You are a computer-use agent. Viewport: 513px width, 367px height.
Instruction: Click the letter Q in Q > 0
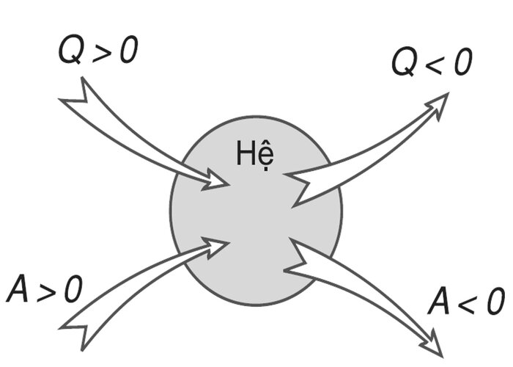tap(71, 49)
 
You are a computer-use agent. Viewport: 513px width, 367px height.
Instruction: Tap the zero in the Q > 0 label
tap(128, 49)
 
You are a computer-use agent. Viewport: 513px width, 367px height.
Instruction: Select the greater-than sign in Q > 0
tap(103, 51)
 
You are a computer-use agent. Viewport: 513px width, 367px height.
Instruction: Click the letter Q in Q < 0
tap(405, 62)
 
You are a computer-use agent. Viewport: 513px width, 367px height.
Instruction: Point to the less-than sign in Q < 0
tap(436, 65)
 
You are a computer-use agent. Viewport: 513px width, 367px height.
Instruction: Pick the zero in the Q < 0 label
tap(463, 62)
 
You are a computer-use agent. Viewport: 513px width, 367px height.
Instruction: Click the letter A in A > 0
tap(18, 288)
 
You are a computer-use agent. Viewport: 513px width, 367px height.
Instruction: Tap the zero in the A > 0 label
tap(73, 288)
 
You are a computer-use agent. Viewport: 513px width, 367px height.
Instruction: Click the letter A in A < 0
tap(440, 301)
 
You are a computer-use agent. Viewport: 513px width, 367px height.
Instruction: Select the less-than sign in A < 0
tap(470, 302)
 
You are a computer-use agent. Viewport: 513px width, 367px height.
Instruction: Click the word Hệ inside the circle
tap(255, 154)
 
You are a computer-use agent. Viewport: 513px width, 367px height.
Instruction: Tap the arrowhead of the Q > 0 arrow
tap(215, 181)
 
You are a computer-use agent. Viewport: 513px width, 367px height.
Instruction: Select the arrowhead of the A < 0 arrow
tap(433, 344)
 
